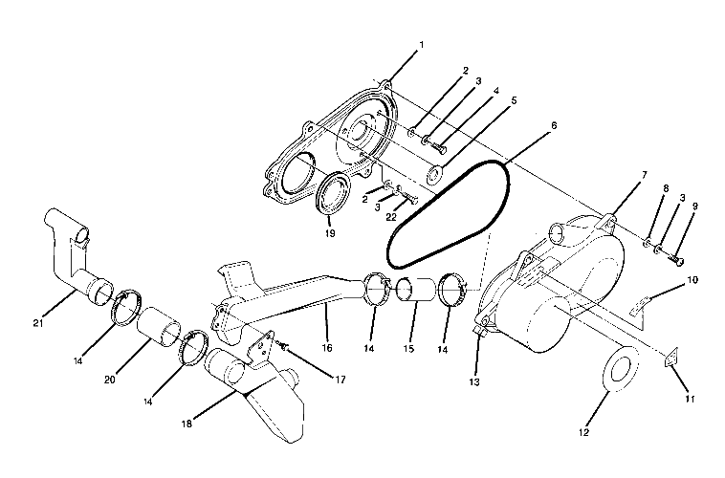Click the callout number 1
point(422,44)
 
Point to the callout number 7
point(618,175)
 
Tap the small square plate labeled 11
point(671,358)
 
